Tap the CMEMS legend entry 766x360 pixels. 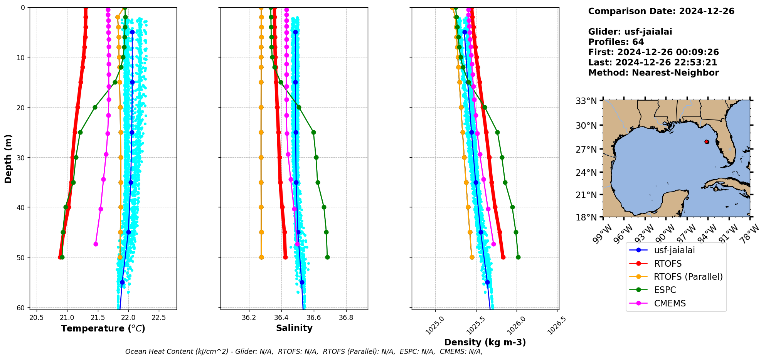670,303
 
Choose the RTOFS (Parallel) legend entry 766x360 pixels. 688,277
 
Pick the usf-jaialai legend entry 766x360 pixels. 674,250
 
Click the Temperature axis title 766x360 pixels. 103,328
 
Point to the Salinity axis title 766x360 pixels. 294,328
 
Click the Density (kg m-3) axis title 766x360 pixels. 485,342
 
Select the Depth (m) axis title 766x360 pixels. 8,158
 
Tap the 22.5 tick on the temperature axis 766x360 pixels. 159,318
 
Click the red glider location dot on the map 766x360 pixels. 707,142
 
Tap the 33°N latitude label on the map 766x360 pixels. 586,101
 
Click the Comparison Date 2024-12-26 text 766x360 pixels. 661,11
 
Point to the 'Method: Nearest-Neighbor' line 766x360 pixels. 653,73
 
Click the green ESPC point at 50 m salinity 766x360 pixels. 327,257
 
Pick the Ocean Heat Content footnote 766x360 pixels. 304,352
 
